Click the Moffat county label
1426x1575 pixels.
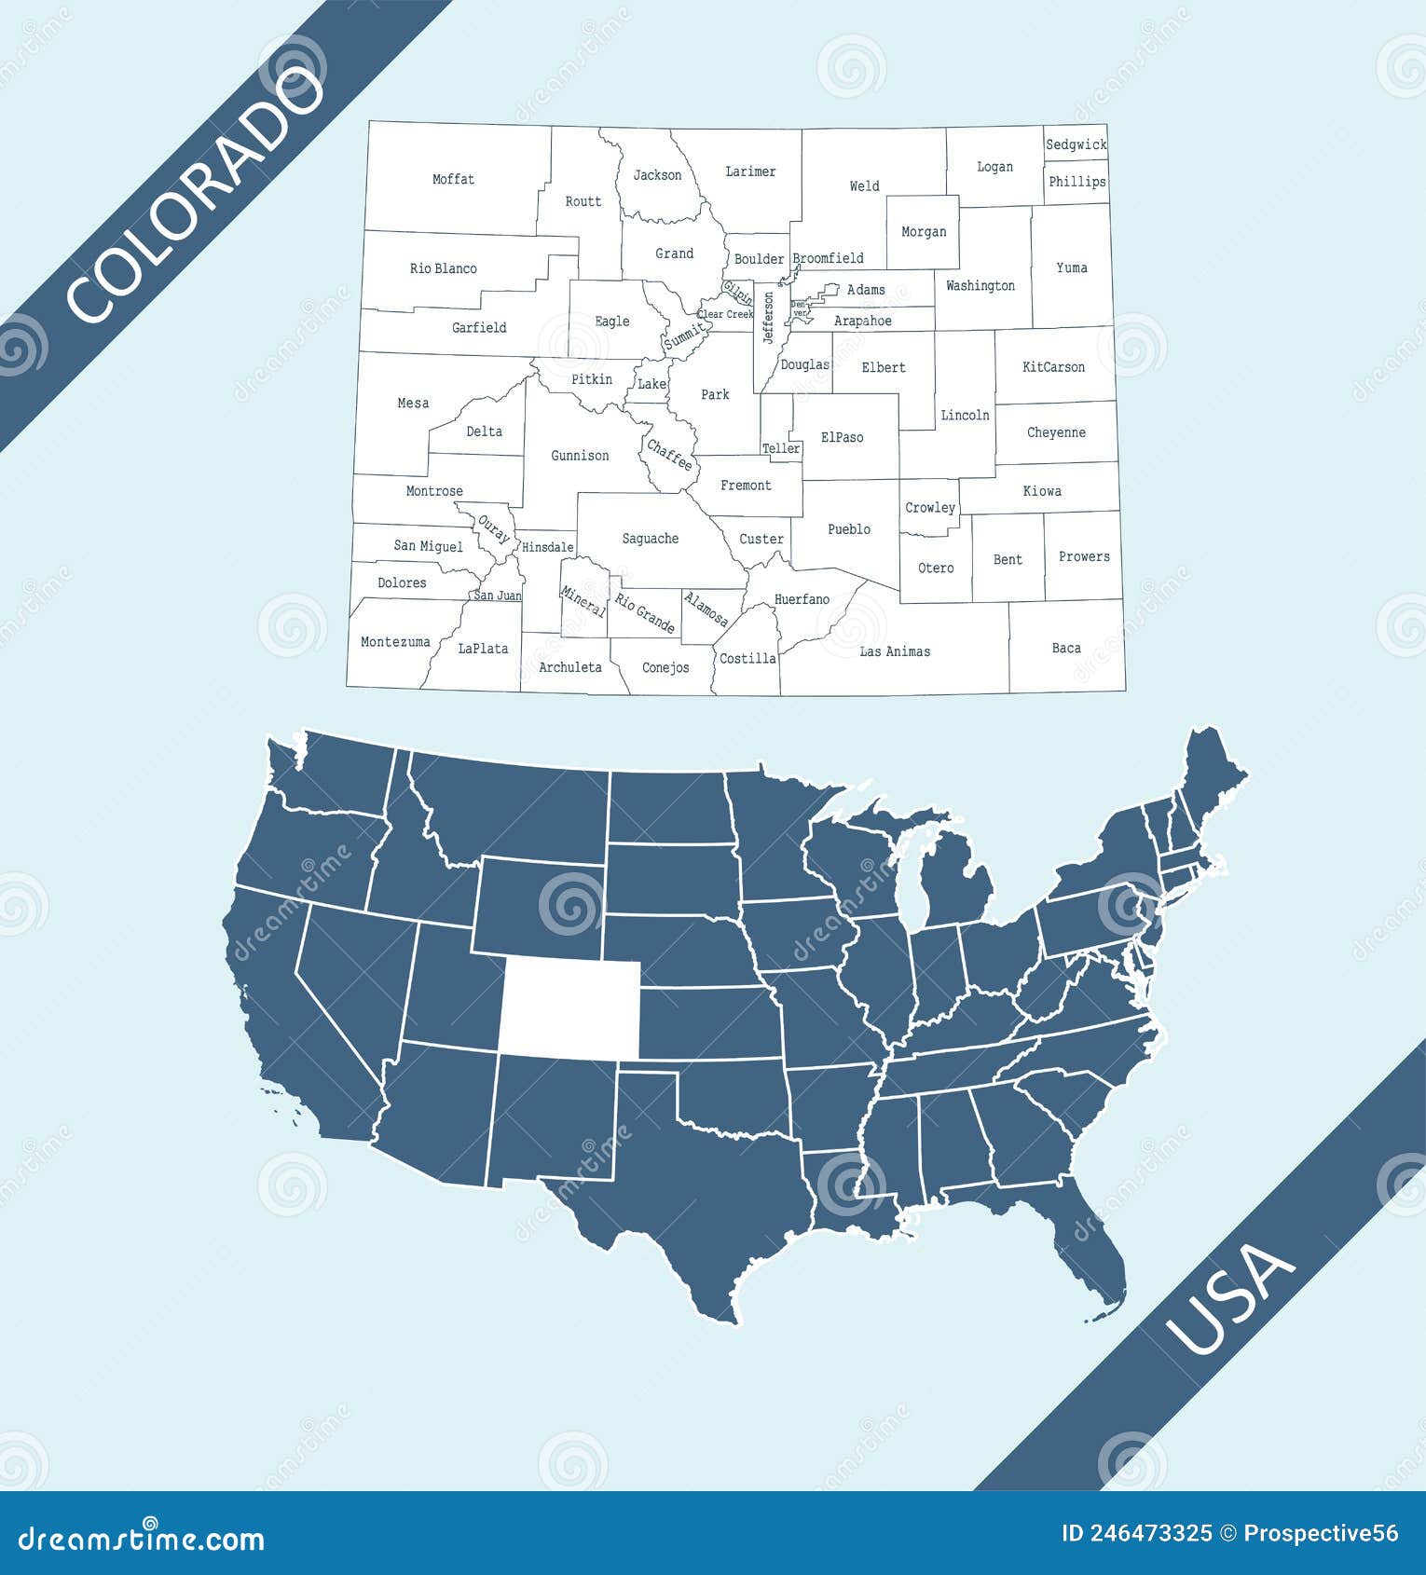tap(453, 179)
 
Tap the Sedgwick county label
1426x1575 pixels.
tap(1076, 144)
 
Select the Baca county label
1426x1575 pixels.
tap(1066, 648)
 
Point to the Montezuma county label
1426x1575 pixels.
tap(395, 642)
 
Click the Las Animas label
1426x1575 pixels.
tap(895, 651)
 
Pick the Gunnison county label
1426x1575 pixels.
tap(580, 456)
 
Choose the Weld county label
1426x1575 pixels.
tap(864, 186)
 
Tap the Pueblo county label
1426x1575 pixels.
tap(849, 529)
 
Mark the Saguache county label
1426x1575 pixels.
tap(650, 539)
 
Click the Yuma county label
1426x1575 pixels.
tap(1072, 267)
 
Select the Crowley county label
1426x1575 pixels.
tap(930, 508)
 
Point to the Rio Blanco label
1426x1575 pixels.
tap(444, 268)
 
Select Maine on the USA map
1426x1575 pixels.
tap(1213, 783)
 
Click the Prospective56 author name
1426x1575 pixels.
tap(1322, 1533)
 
